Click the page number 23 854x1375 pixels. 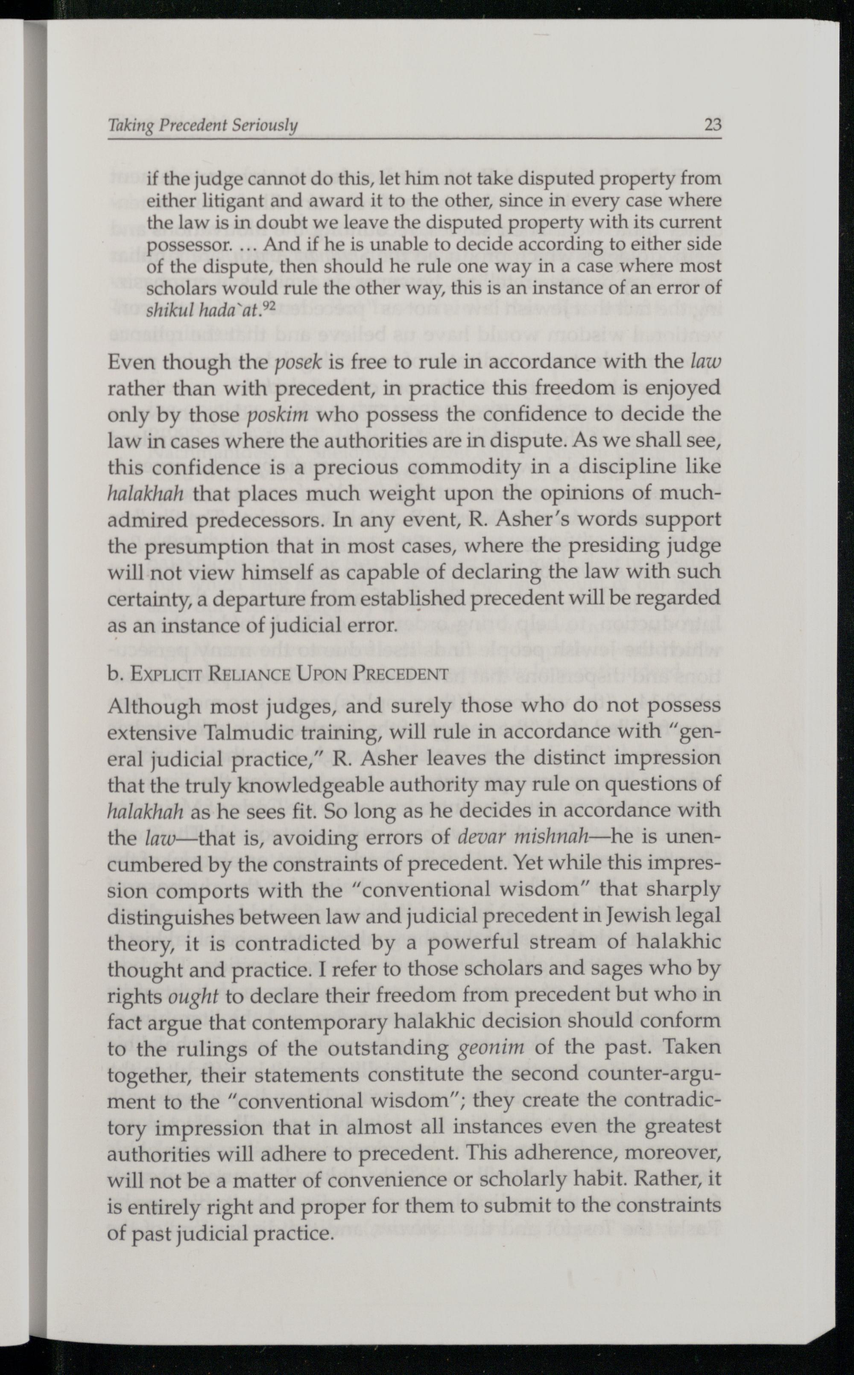point(713,124)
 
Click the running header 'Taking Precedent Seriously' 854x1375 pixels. point(203,125)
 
